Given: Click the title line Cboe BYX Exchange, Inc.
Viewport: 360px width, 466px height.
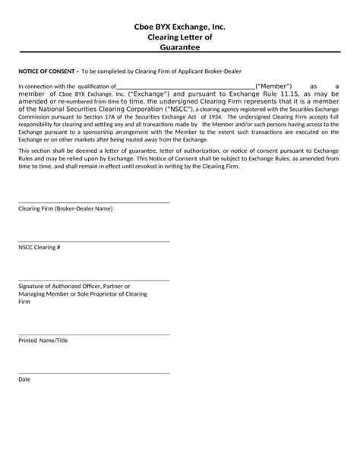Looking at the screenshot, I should click(x=179, y=27).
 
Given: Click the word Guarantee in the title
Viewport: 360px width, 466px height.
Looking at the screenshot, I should click(x=179, y=47).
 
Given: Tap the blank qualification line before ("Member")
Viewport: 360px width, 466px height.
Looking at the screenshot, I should click(x=185, y=88).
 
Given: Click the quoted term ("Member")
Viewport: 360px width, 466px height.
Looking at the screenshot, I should click(x=274, y=87).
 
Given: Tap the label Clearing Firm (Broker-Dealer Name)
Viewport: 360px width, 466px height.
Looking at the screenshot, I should click(x=65, y=208).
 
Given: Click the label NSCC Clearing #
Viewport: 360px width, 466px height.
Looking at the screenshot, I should click(x=39, y=247).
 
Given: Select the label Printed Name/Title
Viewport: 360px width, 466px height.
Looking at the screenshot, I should click(x=43, y=340).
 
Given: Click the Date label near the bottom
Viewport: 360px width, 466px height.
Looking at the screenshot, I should click(x=24, y=379).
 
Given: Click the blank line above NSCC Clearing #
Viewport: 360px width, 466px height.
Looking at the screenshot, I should click(x=93, y=241).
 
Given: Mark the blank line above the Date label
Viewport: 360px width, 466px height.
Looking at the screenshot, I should click(x=93, y=372).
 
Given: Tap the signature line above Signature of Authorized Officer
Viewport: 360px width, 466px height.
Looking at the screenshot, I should click(x=93, y=280).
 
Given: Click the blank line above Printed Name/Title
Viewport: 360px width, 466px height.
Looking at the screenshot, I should click(x=93, y=334).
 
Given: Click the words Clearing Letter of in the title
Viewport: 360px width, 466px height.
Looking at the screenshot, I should click(x=179, y=36).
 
